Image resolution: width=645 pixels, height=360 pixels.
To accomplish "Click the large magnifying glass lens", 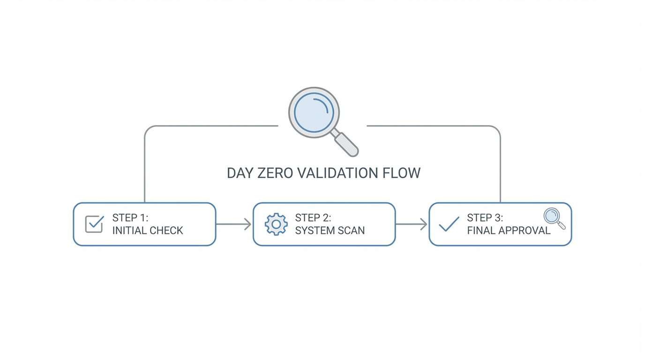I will (x=314, y=112).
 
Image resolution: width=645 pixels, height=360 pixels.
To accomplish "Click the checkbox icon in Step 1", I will (x=94, y=224).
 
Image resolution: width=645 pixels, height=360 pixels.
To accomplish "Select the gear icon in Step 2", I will (x=276, y=224).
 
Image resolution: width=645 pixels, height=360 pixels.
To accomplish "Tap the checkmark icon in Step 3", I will (x=449, y=224).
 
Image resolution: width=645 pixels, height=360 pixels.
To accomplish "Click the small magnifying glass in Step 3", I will (x=554, y=218).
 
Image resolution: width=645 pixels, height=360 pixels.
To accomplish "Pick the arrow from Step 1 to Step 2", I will (x=234, y=224).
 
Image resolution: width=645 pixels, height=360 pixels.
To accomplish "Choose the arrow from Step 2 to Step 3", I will (x=412, y=224).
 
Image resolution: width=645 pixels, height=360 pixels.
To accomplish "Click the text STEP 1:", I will (x=130, y=218).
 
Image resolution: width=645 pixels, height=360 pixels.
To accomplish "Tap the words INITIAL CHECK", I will (x=148, y=231).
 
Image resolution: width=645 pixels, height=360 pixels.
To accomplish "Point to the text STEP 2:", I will (x=313, y=218).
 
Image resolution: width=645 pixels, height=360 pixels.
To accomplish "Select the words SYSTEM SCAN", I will (x=330, y=231).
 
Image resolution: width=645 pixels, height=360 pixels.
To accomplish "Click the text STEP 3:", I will (x=485, y=218).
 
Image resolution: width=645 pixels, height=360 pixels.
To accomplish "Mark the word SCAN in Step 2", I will (x=351, y=231).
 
